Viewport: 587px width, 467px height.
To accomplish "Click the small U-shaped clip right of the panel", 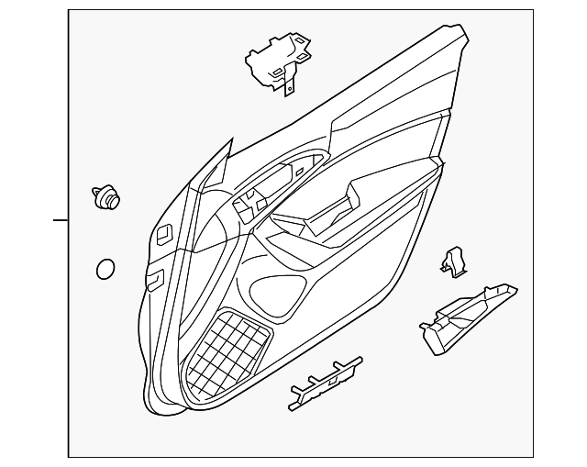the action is click(452, 263).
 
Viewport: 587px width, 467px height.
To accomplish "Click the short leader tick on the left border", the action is click(61, 220).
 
